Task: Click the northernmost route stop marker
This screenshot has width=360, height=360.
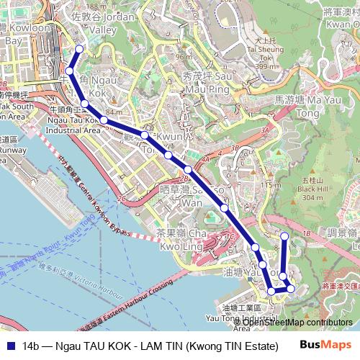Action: click(x=79, y=49)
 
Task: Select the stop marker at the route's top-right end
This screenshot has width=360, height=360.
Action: click(x=284, y=236)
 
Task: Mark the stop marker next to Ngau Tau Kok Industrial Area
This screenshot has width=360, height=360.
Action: click(x=85, y=104)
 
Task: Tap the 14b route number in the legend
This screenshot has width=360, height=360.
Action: click(x=31, y=346)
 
